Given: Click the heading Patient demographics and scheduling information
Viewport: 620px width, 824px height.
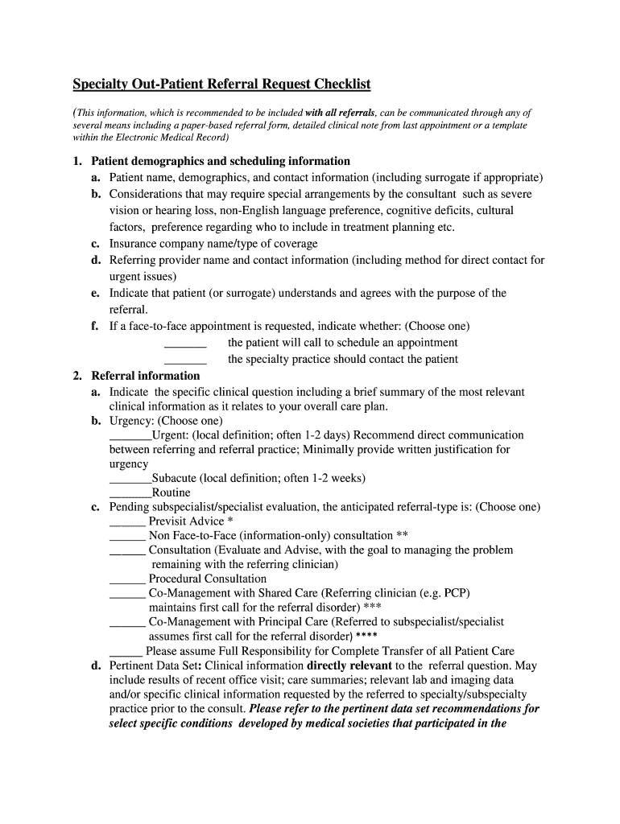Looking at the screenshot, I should click(x=221, y=161).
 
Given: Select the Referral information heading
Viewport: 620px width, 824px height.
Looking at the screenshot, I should click(x=146, y=376).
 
